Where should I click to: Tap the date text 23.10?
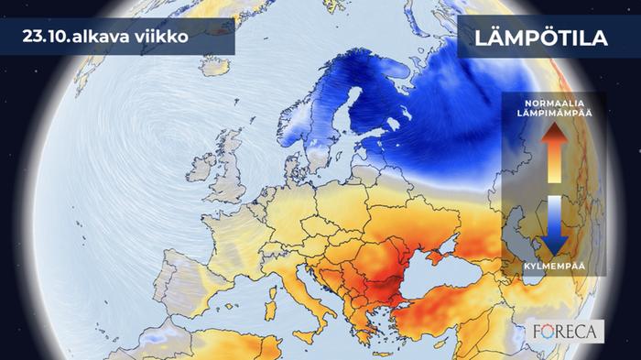point(55,37)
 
